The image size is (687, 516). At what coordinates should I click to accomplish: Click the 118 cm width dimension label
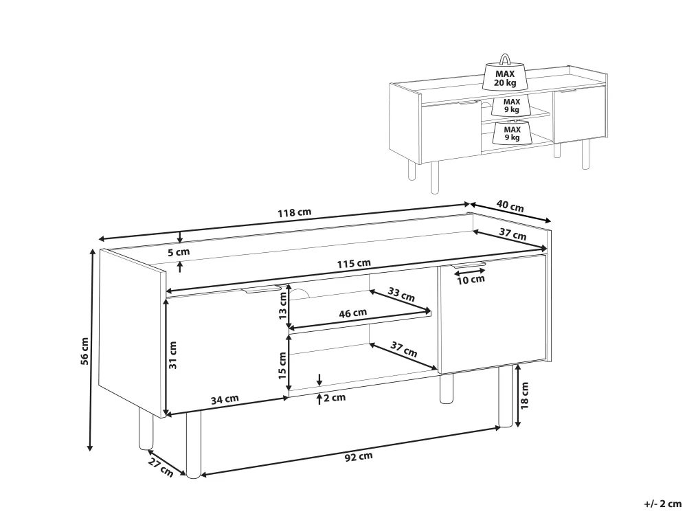295,212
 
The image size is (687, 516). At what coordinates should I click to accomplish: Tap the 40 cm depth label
510,206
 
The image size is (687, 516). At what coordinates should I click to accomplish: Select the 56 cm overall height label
85,351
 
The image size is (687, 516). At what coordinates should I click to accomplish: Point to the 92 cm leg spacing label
359,456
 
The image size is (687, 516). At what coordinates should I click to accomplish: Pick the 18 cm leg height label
524,395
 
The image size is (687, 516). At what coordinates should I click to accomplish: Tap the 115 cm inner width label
354,264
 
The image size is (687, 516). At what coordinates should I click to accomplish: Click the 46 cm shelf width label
352,313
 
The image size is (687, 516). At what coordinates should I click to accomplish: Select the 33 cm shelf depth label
401,294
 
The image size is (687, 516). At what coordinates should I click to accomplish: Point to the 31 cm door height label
172,355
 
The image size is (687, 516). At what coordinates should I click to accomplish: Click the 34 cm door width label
225,399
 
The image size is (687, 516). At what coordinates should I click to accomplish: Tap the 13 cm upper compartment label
282,305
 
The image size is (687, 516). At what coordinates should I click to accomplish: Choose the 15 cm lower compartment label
282,366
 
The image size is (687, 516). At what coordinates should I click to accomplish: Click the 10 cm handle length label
471,280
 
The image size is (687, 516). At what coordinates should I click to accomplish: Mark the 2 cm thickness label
335,397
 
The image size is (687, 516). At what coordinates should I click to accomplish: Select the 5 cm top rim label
179,253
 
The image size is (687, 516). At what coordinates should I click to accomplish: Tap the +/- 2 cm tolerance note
663,504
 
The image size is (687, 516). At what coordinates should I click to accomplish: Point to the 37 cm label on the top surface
513,234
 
